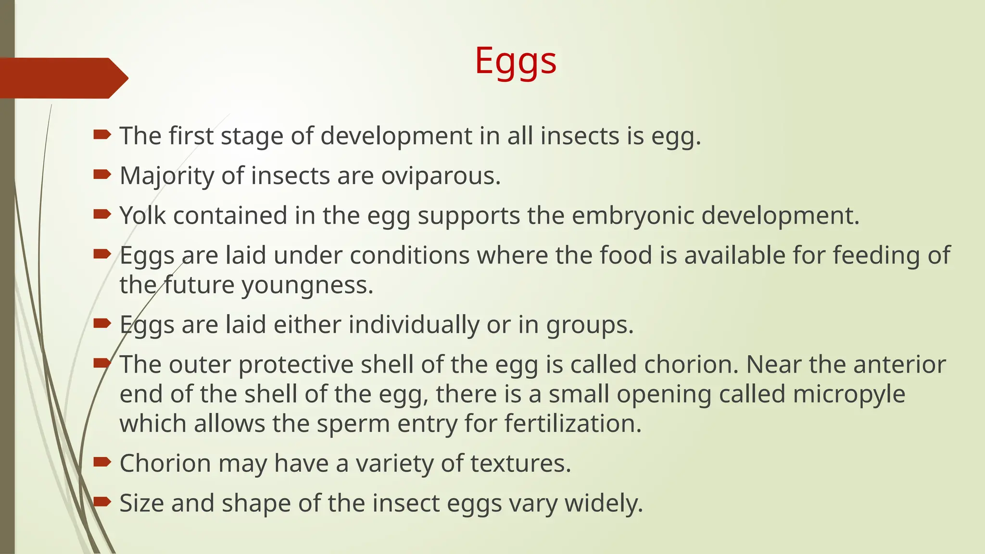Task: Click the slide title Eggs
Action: click(516, 62)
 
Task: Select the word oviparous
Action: click(441, 176)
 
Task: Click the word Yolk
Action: click(143, 215)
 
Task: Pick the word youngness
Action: click(307, 286)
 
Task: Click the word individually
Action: click(414, 325)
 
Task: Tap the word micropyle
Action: click(849, 394)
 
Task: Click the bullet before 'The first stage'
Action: click(102, 135)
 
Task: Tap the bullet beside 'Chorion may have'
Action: click(102, 463)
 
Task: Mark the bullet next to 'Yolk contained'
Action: click(102, 214)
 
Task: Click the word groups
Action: click(590, 326)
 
